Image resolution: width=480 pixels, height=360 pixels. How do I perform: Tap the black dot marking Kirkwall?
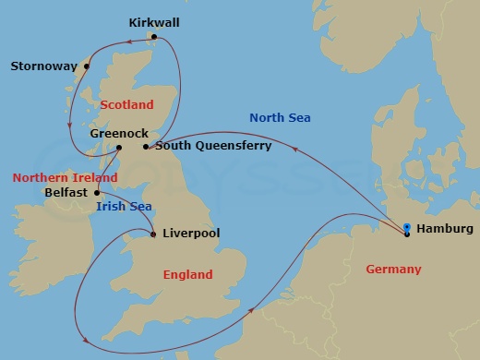[x=154, y=37]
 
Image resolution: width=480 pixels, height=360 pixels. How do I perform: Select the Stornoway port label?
[x=42, y=66]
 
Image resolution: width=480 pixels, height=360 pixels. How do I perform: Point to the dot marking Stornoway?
[x=87, y=66]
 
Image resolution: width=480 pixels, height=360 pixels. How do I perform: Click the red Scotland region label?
[x=126, y=105]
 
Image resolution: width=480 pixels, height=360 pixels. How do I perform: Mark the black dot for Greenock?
[x=118, y=147]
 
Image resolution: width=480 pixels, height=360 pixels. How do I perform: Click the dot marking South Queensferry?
[x=146, y=146]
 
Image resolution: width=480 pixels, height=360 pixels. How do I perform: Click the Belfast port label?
[x=67, y=193]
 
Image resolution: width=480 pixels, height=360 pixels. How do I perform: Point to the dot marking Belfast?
[x=97, y=193]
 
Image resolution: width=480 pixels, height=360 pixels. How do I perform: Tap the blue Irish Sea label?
[x=125, y=208]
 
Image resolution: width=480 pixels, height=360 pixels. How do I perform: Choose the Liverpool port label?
[x=190, y=234]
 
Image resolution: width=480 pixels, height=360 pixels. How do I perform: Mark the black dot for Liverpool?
[x=152, y=234]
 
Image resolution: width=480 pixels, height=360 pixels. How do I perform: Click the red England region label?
[x=187, y=274]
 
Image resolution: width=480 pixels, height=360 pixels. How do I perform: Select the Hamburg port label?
[x=446, y=229]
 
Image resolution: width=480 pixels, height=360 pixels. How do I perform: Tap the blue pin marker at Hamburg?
[x=407, y=227]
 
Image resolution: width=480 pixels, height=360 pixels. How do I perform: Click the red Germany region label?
[x=393, y=270]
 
